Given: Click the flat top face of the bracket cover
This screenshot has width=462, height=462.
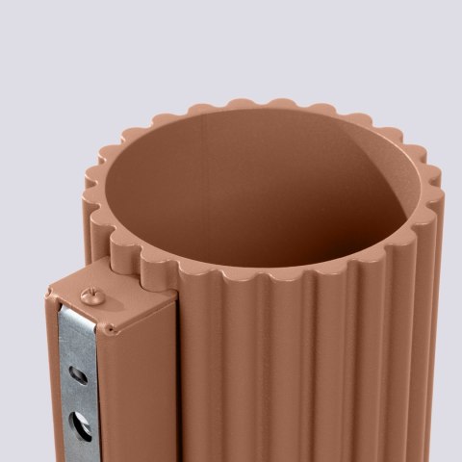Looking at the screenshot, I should coord(115,300).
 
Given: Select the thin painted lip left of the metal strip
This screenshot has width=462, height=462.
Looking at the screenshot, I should coord(50,385).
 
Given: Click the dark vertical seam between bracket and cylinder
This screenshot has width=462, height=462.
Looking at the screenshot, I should coord(178,385).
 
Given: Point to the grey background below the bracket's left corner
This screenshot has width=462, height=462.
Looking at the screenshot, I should coord(24,385).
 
